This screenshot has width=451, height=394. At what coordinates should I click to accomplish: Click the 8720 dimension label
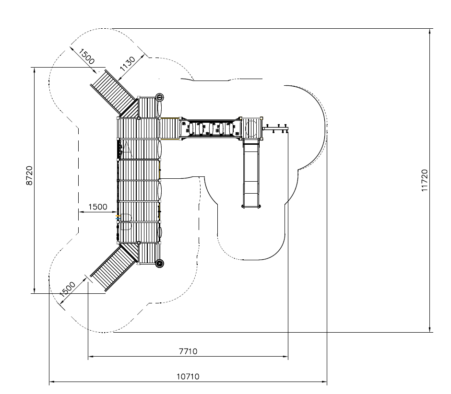(x=29, y=175)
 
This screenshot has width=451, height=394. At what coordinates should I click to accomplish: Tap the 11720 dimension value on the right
(x=425, y=181)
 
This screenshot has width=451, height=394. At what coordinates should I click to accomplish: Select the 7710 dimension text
(x=188, y=351)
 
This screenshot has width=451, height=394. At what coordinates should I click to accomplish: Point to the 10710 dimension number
(x=188, y=376)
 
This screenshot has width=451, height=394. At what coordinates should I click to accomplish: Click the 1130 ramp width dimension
(x=128, y=64)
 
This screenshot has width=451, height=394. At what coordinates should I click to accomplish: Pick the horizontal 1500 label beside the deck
(x=98, y=207)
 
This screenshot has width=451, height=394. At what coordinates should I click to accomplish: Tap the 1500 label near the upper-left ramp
(x=86, y=57)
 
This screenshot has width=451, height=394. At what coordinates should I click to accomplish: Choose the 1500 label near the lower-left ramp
(x=67, y=289)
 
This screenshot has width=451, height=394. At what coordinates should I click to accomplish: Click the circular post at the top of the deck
(x=159, y=97)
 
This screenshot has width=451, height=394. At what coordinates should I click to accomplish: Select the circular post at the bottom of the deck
(x=160, y=263)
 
